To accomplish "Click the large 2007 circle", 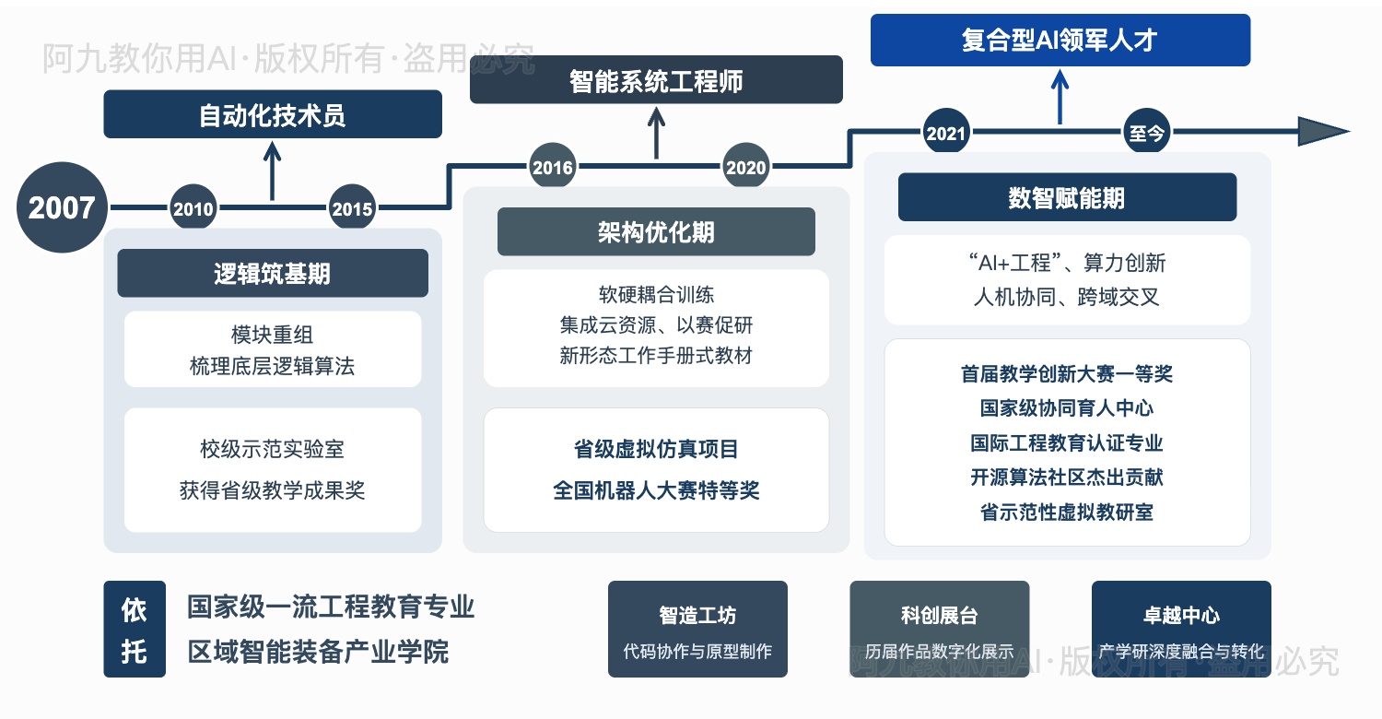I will [x=62, y=207].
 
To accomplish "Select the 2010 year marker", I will [x=193, y=208].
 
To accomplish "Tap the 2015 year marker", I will [x=352, y=208].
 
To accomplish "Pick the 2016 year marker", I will [x=553, y=167].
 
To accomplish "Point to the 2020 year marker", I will [x=745, y=167].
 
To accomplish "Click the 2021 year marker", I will [x=945, y=133].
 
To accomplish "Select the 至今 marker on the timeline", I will [x=1146, y=133].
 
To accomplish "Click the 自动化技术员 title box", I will [x=273, y=114].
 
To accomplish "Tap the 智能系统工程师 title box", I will [x=656, y=80].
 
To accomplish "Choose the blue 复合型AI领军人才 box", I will [x=1060, y=41].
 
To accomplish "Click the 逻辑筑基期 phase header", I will [x=273, y=273].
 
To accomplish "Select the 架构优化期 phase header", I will [x=656, y=231].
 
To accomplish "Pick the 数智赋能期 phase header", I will [x=1067, y=197].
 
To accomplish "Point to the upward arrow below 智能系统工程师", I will [x=656, y=132].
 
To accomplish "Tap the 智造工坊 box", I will [x=697, y=629].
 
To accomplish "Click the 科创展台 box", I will [x=939, y=629].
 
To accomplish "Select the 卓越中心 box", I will [x=1180, y=629].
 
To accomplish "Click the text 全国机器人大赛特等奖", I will [x=656, y=490].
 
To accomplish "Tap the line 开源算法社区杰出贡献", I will [x=1067, y=477].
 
